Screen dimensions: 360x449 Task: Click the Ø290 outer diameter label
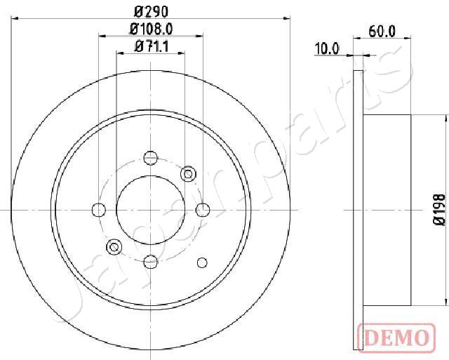tap(151, 12)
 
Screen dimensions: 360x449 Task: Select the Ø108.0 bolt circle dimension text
tap(151, 29)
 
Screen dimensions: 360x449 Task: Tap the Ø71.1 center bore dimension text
tap(151, 47)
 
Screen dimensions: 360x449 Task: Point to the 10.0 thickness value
tap(326, 48)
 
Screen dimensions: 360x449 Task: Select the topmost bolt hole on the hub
tap(151, 157)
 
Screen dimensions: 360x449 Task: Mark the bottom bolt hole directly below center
tap(151, 261)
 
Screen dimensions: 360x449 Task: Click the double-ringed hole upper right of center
tap(188, 173)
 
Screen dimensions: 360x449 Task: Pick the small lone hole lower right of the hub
tap(203, 262)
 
